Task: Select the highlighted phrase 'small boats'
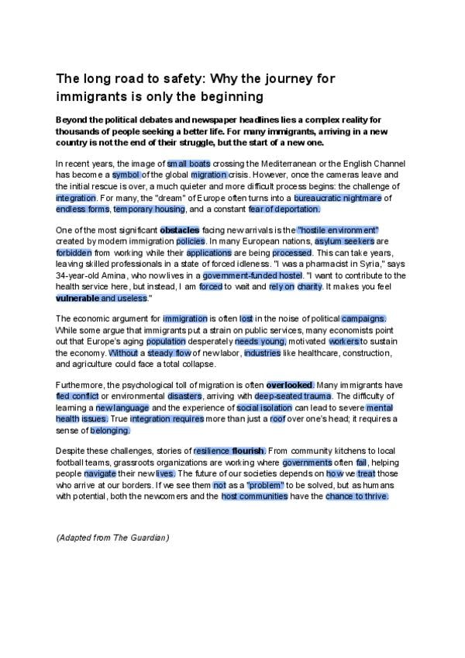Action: tap(188, 164)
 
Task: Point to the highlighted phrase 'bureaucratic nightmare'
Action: tap(338, 198)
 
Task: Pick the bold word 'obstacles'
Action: tap(179, 230)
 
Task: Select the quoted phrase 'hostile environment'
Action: tap(338, 230)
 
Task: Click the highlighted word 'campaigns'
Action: tap(342, 318)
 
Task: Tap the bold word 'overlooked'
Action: tap(290, 385)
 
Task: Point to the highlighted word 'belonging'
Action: tap(110, 429)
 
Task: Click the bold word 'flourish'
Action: tap(249, 451)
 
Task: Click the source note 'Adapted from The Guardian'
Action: tap(113, 537)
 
